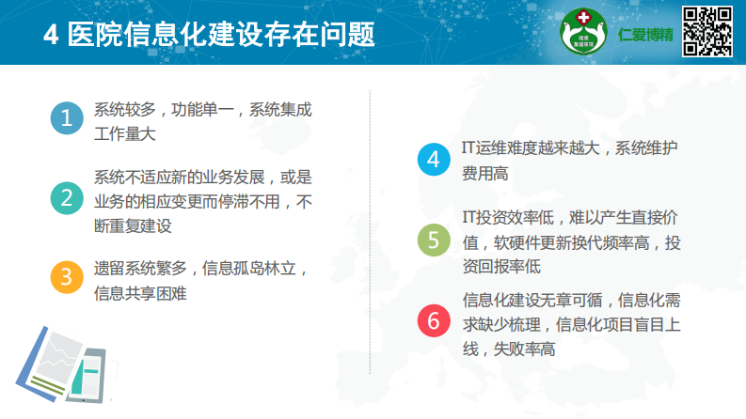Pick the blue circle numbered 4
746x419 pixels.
coord(434,160)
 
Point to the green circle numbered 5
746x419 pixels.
coord(434,241)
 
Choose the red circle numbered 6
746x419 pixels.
coord(434,321)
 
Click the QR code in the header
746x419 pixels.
coord(707,32)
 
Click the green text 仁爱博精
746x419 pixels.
coord(646,34)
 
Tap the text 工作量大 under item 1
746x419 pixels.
coord(124,133)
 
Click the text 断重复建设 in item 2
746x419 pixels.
coord(132,225)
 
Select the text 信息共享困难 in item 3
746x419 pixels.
coord(140,293)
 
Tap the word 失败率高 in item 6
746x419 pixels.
coord(522,349)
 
